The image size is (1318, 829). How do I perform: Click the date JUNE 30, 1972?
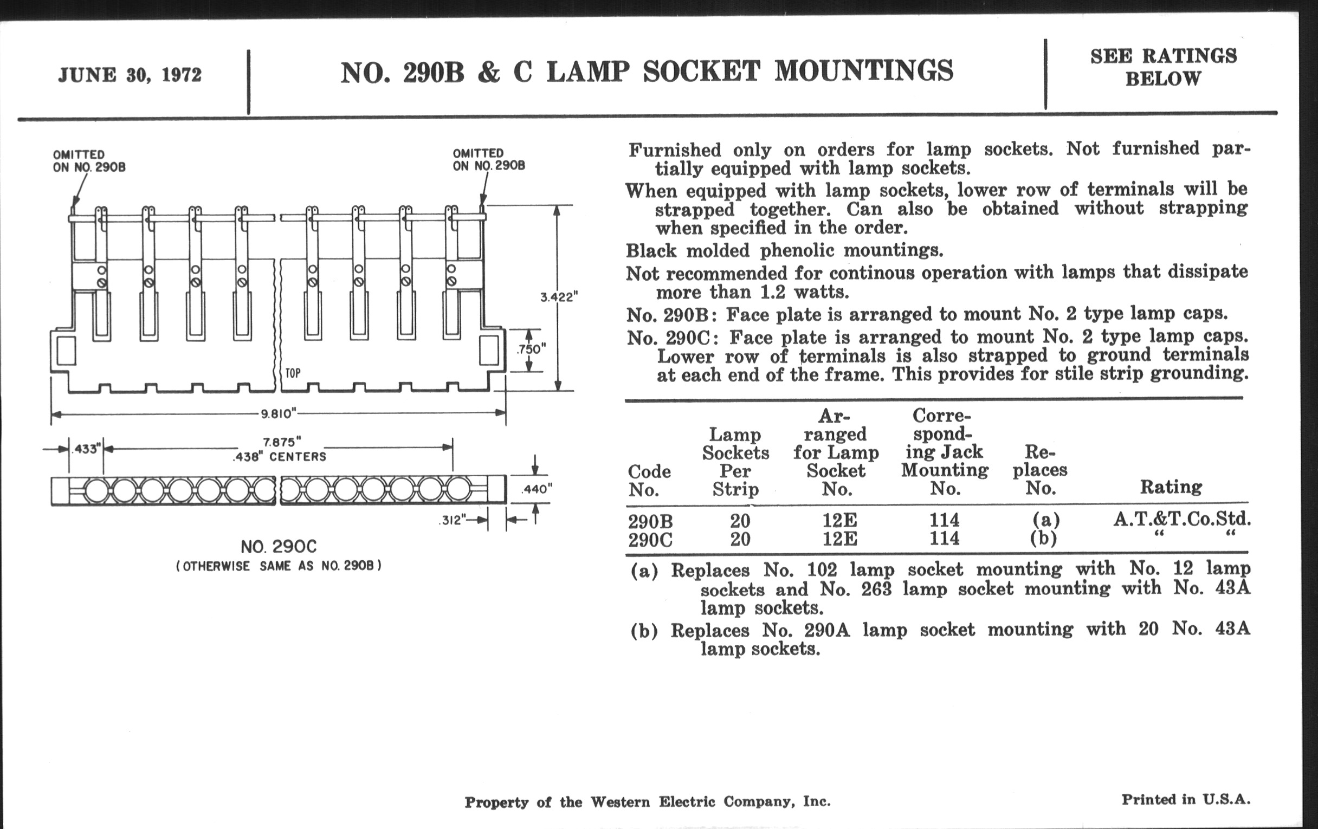[130, 75]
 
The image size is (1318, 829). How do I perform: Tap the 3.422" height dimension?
[559, 297]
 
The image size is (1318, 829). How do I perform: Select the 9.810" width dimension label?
[278, 413]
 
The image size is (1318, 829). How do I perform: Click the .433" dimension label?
[86, 449]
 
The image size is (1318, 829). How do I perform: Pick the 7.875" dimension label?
[282, 442]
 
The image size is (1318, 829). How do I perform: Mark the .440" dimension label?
[537, 489]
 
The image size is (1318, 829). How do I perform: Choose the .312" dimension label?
[452, 520]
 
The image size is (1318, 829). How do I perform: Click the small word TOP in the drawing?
[293, 374]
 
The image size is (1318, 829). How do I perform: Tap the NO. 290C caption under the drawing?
[279, 547]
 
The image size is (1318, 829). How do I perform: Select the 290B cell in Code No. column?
[650, 521]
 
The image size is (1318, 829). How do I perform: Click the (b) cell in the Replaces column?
[1043, 539]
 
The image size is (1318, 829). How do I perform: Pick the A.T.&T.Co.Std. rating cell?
[1183, 519]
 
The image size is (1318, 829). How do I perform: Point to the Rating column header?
[1171, 487]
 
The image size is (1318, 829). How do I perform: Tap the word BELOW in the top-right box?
[1163, 79]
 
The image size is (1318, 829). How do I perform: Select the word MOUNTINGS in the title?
[864, 72]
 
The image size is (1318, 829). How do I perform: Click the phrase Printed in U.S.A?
[1186, 799]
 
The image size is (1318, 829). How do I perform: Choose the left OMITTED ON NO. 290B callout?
[89, 161]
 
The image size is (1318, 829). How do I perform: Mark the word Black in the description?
[651, 251]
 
